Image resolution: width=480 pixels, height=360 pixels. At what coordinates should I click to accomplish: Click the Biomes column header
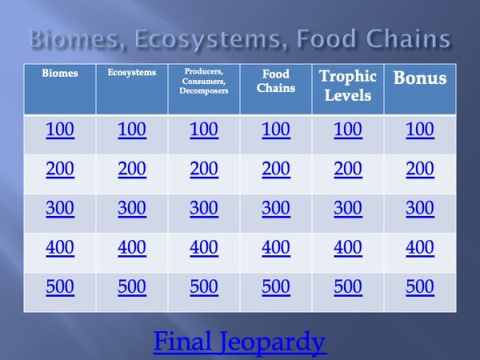(60, 74)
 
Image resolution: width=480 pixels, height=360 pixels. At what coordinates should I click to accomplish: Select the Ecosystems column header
(131, 73)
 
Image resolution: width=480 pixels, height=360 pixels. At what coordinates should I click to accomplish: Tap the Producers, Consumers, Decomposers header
(204, 81)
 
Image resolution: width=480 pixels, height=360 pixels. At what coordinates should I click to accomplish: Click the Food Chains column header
(276, 81)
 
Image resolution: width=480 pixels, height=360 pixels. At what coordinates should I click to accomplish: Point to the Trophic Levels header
(347, 86)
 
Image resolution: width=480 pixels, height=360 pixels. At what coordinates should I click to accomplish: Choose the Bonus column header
(419, 78)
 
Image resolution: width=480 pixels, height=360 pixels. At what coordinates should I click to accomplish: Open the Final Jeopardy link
(239, 342)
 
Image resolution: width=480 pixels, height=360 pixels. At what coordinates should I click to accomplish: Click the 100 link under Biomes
(60, 130)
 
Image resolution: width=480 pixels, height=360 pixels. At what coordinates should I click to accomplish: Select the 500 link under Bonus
(419, 287)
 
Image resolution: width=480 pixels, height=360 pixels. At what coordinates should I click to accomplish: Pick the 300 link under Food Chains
(276, 209)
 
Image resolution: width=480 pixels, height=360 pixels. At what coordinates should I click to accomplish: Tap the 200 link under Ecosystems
(132, 170)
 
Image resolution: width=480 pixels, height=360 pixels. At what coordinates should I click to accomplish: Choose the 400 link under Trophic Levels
(347, 248)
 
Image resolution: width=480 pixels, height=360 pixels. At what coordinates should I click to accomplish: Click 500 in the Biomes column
(60, 287)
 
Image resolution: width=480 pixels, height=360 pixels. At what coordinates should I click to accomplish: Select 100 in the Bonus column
(419, 130)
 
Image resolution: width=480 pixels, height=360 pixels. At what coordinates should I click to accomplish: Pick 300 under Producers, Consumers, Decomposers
(204, 209)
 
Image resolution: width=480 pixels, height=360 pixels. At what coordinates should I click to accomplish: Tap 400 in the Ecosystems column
(132, 248)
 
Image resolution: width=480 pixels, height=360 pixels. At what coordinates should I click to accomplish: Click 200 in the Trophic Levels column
(347, 170)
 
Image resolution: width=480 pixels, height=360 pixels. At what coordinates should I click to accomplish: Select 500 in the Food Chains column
(276, 287)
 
